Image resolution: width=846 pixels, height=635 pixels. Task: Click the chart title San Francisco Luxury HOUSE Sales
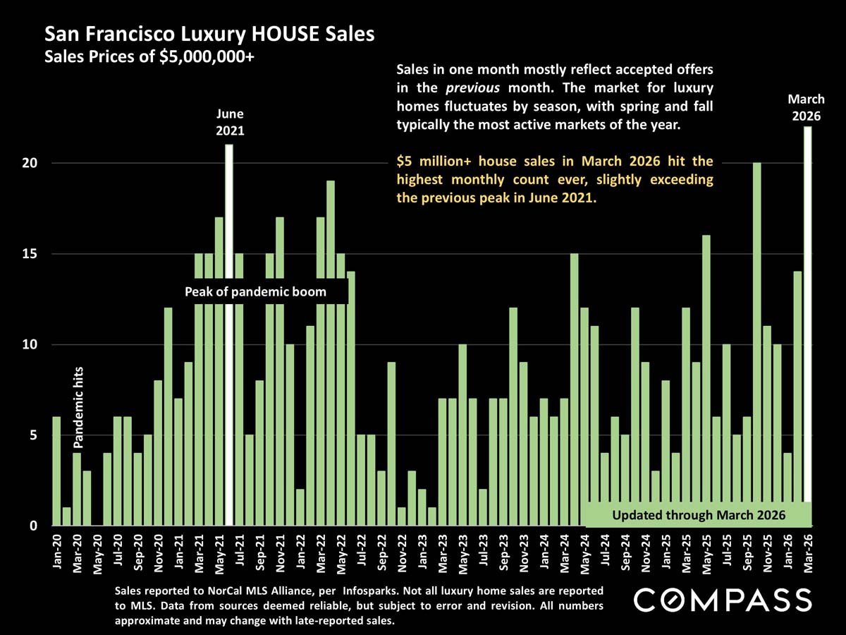tap(209, 34)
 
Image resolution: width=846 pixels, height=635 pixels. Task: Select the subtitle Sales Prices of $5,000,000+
tap(149, 57)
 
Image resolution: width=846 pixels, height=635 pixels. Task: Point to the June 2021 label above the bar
tap(230, 121)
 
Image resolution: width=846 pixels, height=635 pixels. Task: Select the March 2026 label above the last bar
tap(806, 108)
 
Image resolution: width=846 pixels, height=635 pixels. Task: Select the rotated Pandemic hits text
tap(78, 407)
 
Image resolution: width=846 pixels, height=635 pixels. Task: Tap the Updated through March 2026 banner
tap(699, 514)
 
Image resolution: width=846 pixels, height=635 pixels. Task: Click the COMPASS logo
tap(723, 600)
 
